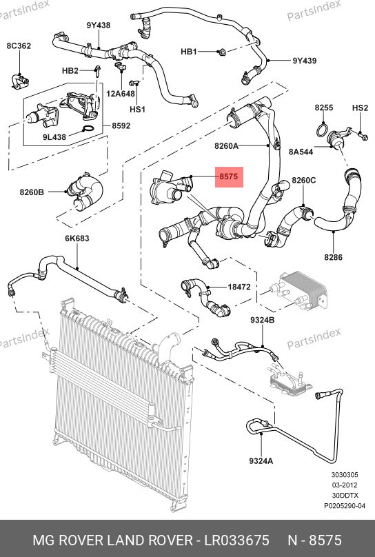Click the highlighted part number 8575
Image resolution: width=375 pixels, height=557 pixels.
[x=229, y=176]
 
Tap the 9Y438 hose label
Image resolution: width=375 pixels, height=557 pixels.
[x=99, y=26]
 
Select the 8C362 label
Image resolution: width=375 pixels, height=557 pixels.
[x=19, y=45]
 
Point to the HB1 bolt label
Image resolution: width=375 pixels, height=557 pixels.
[x=189, y=52]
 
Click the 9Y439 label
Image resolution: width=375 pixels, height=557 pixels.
[x=305, y=61]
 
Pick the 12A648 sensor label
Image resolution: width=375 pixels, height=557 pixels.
[x=121, y=94]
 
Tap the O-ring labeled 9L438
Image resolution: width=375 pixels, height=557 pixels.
[x=89, y=129]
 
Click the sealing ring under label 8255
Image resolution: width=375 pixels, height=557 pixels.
[x=322, y=130]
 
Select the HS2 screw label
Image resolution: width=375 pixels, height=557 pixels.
[x=360, y=108]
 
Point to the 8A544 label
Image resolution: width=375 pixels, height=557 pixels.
[x=301, y=152]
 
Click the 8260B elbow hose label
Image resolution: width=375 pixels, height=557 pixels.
[x=32, y=192]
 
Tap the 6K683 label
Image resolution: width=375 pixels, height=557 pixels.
[x=77, y=239]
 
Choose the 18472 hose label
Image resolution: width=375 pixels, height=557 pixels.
[x=239, y=287]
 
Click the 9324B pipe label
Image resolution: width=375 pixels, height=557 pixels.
[x=263, y=320]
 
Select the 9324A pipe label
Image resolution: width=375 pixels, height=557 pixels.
[x=261, y=460]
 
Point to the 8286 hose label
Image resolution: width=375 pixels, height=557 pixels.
[x=334, y=257]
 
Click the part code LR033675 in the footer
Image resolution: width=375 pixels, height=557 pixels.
[x=236, y=540]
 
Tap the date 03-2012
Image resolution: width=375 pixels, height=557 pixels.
[x=345, y=485]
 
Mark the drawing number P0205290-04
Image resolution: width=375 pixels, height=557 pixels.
[x=345, y=505]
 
